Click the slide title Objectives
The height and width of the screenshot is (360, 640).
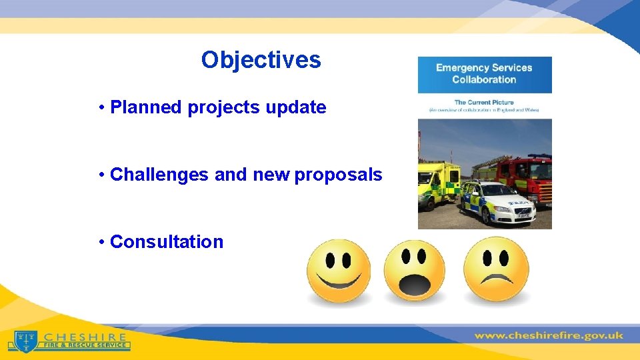pos(261,60)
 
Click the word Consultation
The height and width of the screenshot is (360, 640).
pos(167,242)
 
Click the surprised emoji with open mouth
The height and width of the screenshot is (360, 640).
pos(415,271)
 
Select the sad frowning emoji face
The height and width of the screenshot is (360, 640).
pos(496,269)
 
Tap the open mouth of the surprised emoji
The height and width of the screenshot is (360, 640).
pos(415,287)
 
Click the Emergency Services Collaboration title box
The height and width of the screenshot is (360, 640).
pos(484,74)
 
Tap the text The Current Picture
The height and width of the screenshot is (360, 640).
pos(484,103)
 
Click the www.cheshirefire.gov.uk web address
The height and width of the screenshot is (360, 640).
pos(548,335)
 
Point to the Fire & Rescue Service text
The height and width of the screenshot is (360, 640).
pos(85,345)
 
